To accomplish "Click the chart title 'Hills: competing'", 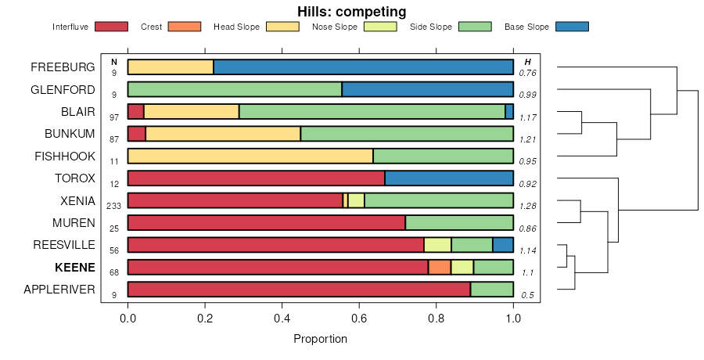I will pos(351,12).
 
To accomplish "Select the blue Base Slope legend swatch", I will pos(572,27).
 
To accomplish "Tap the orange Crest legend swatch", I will pos(185,27).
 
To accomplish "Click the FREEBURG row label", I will pos(63,67).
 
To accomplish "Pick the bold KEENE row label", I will pos(74,268).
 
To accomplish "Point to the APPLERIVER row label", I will pos(59,290).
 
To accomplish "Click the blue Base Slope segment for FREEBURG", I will pos(363,67).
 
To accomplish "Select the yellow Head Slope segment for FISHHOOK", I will pos(250,156).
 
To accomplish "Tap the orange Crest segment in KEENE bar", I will pos(440,267).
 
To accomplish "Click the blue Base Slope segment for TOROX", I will pos(449,178).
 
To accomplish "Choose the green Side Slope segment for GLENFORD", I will pos(235,89).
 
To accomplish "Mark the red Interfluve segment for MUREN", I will pos(266,222).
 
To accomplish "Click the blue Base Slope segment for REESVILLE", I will pos(503,245).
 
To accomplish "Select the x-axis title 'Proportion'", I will pos(320,339).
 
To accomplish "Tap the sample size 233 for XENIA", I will pos(114,205).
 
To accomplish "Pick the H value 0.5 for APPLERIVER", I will pos(529,294).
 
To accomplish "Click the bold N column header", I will pos(114,62).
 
